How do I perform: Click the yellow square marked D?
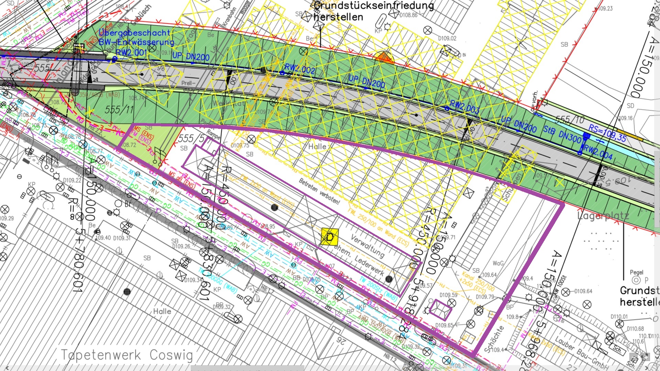[329, 237]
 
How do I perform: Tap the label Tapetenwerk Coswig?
[127, 355]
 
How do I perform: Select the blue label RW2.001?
[131, 53]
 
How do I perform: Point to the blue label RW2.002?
[300, 69]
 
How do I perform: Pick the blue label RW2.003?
[465, 107]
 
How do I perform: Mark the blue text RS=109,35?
[607, 133]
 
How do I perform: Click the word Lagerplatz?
[603, 216]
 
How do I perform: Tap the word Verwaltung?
[367, 246]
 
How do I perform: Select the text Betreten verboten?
[319, 191]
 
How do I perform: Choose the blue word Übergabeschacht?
[134, 33]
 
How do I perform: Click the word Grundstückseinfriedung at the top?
[374, 5]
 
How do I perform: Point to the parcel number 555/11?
[119, 110]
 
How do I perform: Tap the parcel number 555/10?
[570, 120]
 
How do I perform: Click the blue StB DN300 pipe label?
[562, 134]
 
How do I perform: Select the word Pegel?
[636, 272]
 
